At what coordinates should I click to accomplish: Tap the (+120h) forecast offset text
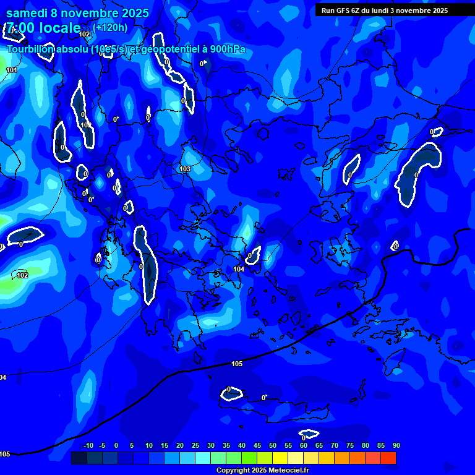coord(111,27)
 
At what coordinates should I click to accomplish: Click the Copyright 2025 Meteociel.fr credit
coord(262,471)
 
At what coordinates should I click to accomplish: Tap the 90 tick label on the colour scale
coord(396,445)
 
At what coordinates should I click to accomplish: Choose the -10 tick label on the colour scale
coord(87,445)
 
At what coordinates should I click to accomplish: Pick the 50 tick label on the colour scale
coord(272,445)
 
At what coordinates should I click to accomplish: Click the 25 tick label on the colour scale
coord(195,445)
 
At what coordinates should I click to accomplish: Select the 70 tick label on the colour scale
coord(334,445)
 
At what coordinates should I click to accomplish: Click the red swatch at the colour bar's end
coord(388,458)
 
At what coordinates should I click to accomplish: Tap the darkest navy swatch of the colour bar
coord(79,458)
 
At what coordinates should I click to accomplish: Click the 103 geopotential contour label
coord(185,169)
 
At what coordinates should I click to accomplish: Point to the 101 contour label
coord(12,70)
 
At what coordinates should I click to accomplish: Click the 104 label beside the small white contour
coord(239,269)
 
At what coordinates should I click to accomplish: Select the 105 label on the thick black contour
coord(236,364)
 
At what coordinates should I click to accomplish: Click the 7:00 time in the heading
coord(21,28)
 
